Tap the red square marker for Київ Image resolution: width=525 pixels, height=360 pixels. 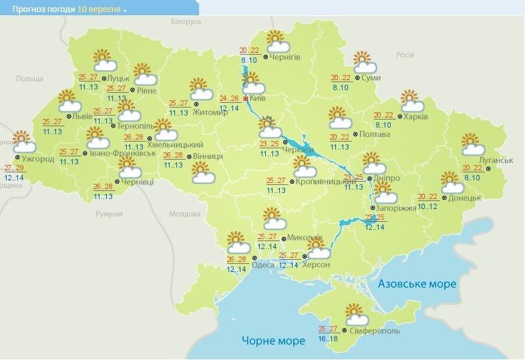246,98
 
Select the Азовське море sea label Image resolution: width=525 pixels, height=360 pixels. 417,284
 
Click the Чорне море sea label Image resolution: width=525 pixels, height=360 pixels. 273,341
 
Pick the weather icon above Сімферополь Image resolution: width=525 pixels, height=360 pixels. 353,314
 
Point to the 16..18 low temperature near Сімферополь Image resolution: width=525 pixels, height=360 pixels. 328,339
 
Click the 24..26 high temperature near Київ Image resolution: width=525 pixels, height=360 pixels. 229,98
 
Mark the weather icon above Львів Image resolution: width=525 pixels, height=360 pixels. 69,102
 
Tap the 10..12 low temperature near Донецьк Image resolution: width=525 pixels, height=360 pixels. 428,206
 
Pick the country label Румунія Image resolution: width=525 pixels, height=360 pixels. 108,214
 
